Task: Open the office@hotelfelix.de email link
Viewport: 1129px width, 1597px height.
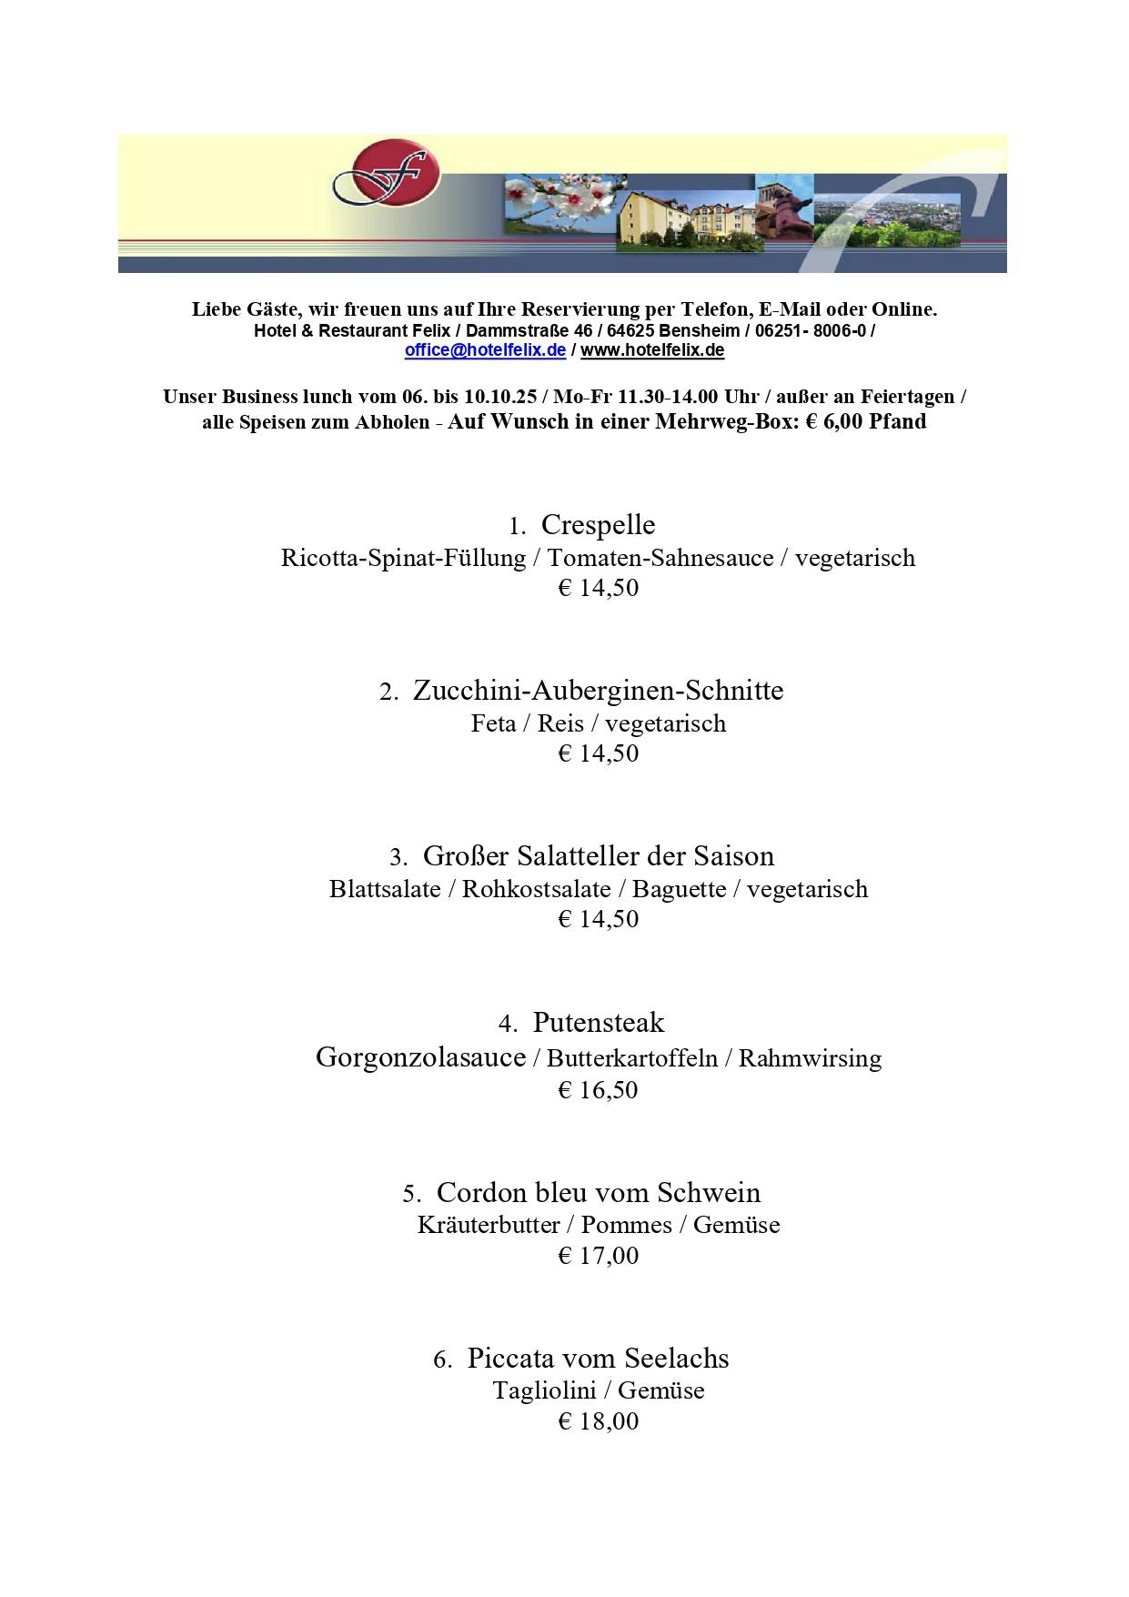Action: click(x=485, y=350)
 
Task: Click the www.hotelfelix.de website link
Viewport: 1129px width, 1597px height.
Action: click(x=652, y=350)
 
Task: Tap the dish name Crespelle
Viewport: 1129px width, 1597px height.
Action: click(x=598, y=525)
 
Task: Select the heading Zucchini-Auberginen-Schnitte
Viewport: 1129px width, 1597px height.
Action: click(x=598, y=691)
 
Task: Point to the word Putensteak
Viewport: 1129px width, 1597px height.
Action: click(x=598, y=1023)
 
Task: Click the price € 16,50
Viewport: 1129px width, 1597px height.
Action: click(x=598, y=1090)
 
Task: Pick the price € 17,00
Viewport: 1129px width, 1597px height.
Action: click(x=598, y=1256)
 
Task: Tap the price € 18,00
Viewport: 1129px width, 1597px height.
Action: click(x=598, y=1421)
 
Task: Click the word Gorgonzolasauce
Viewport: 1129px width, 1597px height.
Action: click(x=420, y=1057)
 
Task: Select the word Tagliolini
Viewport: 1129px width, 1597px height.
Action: click(x=544, y=1390)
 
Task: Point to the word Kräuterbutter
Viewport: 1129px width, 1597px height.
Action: click(x=489, y=1225)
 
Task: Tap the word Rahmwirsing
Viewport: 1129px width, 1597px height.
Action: click(x=810, y=1058)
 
